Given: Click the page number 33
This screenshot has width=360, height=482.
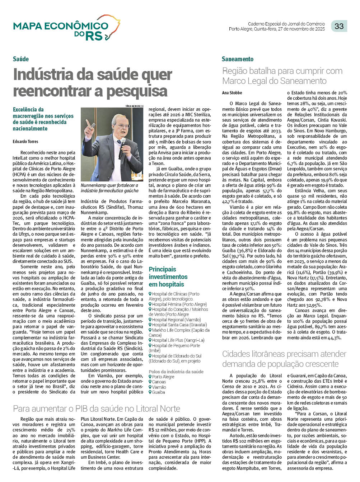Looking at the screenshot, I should tap(339, 26).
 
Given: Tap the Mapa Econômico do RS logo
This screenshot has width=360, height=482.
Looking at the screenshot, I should tap(66, 28).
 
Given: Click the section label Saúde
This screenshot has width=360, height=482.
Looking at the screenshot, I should tap(21, 59).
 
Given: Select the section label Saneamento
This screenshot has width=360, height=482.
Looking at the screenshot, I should tap(237, 59).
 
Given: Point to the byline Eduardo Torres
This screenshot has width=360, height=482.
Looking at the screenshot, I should tap(25, 142).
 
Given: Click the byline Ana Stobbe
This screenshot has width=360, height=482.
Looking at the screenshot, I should tap(232, 93).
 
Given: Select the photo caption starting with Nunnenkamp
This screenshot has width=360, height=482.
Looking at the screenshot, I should tap(109, 188).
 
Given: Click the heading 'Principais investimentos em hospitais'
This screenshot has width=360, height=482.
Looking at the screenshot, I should tap(168, 277).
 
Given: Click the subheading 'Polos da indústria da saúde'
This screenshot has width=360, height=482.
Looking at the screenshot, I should tap(176, 372).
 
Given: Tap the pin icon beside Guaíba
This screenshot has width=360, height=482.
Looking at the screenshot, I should tap(150, 392).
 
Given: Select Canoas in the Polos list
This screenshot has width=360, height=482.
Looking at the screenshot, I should tap(159, 382).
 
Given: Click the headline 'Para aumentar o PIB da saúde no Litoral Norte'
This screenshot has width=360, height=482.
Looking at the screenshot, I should tap(96, 408).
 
